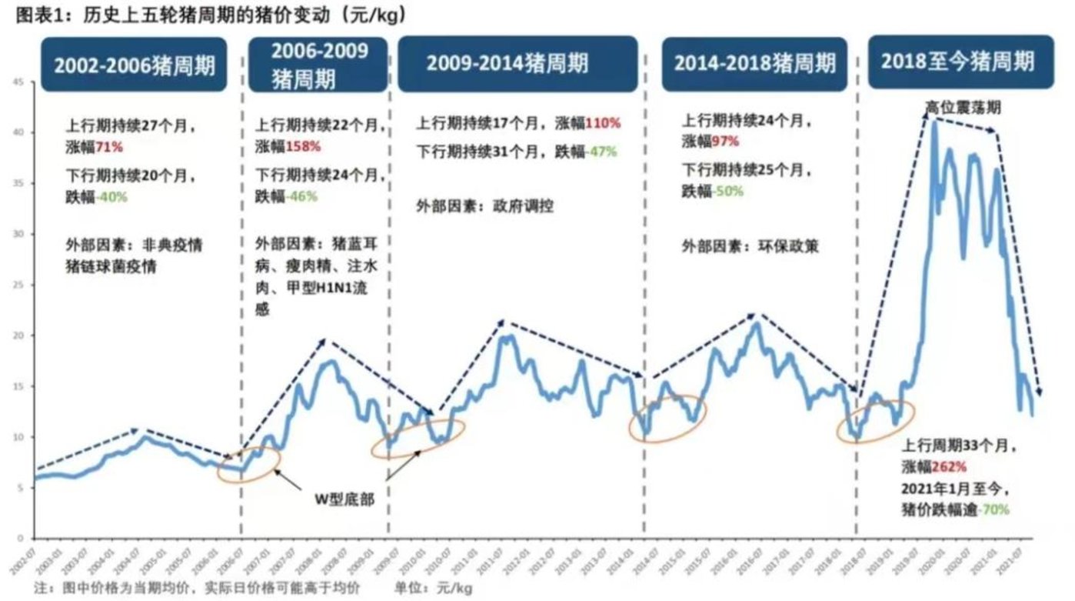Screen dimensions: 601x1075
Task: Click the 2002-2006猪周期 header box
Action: point(135,65)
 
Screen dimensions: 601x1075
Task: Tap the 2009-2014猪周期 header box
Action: point(518,63)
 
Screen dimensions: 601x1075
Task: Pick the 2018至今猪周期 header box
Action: point(957,62)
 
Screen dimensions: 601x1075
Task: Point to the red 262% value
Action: point(949,467)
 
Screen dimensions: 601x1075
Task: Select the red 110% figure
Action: point(602,123)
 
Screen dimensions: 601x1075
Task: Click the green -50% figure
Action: point(728,192)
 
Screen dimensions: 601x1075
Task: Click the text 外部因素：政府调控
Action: point(485,205)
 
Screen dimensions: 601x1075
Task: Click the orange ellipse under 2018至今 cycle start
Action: point(876,422)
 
